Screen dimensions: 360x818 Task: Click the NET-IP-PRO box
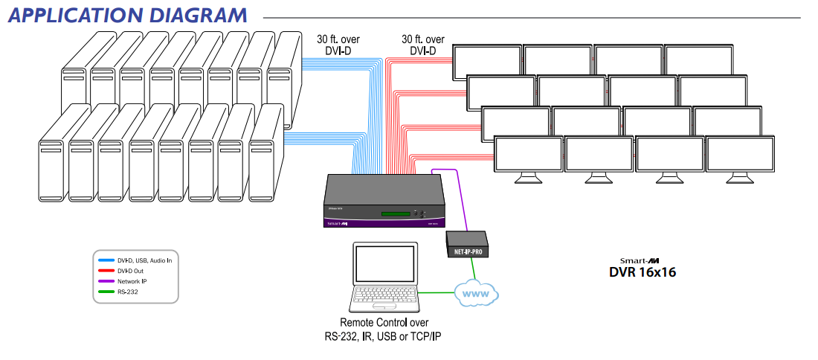click(466, 242)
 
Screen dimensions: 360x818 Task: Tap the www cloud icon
click(477, 293)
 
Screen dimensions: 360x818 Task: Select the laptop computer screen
click(381, 265)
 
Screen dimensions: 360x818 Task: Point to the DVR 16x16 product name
click(643, 272)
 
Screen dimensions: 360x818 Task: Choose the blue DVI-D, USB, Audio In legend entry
click(138, 260)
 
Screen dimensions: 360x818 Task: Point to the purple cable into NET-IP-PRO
click(461, 201)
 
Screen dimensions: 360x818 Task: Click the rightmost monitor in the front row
click(739, 154)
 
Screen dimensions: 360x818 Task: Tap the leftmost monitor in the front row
click(529, 154)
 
